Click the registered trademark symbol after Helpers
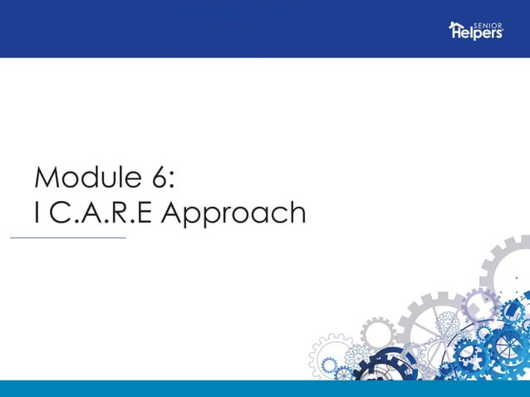[503, 31]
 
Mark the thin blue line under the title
[67, 238]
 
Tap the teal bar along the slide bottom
[265, 389]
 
